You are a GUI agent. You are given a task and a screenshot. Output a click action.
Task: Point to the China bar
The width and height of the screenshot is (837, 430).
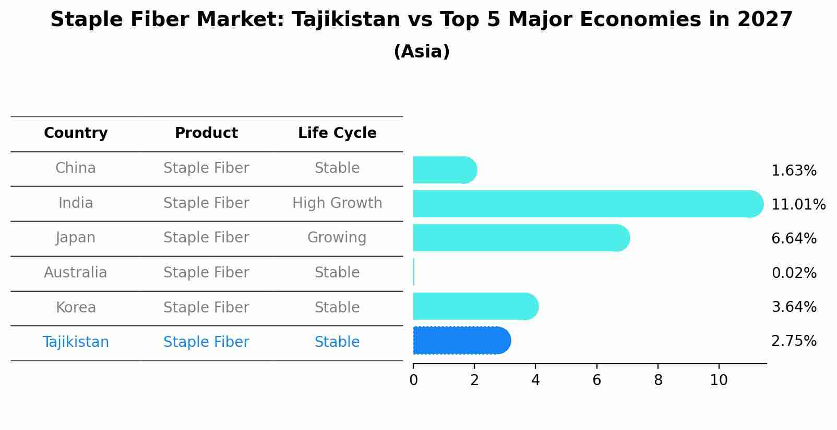click(444, 170)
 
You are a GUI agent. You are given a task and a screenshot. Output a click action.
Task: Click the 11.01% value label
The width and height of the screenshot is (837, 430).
click(798, 205)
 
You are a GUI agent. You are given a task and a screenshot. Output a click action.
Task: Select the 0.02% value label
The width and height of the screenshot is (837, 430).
click(794, 273)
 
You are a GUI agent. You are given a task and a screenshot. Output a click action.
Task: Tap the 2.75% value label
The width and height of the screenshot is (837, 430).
click(794, 341)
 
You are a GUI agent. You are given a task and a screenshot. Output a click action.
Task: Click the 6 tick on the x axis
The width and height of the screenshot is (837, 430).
click(596, 380)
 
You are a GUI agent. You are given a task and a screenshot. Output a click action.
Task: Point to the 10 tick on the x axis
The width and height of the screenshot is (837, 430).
click(719, 380)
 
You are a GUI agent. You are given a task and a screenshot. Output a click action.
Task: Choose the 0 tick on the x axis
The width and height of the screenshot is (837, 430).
click(413, 380)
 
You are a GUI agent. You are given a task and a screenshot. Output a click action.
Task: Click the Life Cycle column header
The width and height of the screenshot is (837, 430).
click(337, 133)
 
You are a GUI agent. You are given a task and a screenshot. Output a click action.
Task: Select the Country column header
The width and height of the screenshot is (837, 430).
click(76, 133)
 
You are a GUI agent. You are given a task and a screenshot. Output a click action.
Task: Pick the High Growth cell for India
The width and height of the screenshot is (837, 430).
click(337, 203)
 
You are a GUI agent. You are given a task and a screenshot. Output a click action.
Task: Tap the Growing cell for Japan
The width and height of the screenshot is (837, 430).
click(337, 238)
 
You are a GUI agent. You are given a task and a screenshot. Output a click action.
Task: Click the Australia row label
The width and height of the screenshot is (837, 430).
click(76, 273)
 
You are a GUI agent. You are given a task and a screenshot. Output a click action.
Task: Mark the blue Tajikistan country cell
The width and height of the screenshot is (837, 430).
click(76, 342)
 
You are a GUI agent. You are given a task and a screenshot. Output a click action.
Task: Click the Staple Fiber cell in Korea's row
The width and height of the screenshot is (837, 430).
click(206, 308)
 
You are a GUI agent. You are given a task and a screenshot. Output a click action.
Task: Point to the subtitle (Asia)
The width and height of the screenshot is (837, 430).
click(422, 52)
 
